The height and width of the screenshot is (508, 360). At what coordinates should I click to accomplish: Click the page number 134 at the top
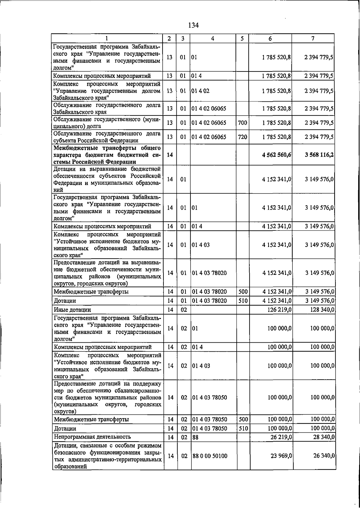click(x=193, y=25)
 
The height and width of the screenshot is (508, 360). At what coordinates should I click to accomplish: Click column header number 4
click(x=212, y=39)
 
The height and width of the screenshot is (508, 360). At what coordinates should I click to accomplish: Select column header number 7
click(x=313, y=39)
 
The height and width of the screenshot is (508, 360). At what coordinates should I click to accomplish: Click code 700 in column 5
click(x=242, y=123)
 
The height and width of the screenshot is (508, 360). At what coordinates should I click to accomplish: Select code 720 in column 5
click(x=242, y=137)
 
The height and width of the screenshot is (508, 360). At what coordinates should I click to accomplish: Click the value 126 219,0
click(x=279, y=310)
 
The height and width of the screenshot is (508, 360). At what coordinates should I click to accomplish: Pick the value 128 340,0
click(x=322, y=310)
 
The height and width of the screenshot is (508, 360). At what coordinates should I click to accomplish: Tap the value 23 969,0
click(x=281, y=456)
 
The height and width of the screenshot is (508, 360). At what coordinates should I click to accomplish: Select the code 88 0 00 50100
click(x=210, y=456)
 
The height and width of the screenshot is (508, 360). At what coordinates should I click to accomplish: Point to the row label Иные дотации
click(x=72, y=310)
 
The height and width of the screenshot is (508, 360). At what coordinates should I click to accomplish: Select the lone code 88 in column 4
click(x=195, y=437)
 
